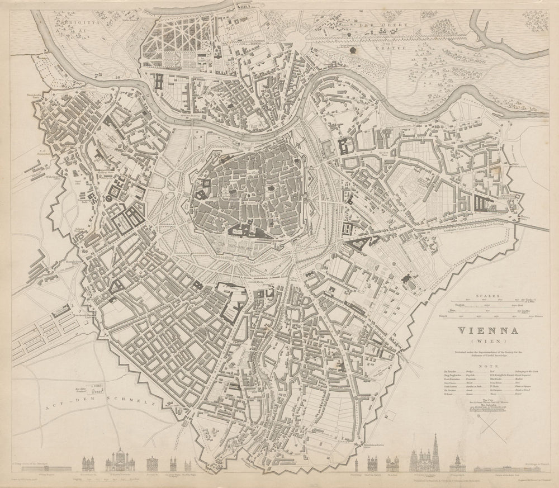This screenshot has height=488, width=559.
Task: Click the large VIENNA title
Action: [484, 331]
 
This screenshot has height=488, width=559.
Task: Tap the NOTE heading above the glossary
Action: [484, 365]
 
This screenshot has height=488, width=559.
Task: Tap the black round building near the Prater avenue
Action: [353, 50]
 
